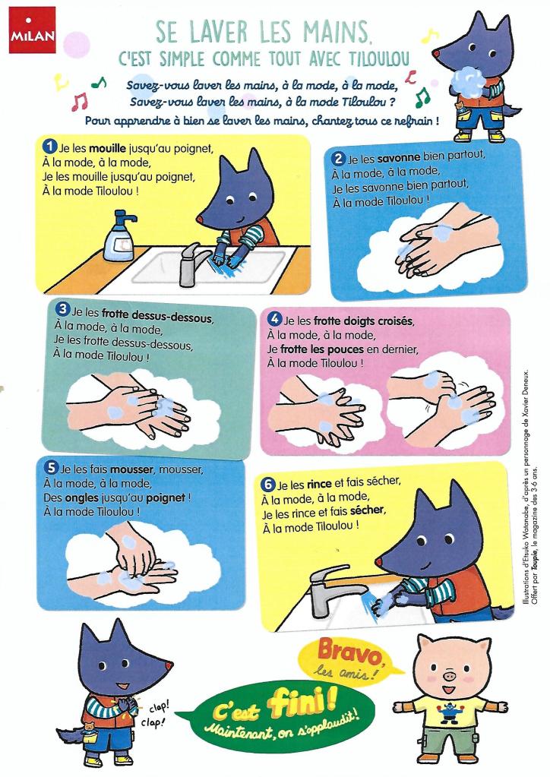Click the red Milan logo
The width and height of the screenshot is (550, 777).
[x=32, y=30]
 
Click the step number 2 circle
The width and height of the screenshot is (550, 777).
[x=338, y=159]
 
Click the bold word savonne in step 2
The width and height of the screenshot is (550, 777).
[x=398, y=158]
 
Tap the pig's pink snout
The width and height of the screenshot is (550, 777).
[x=450, y=675]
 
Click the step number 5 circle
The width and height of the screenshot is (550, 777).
[x=50, y=467]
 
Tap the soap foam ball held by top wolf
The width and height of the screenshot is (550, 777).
[x=468, y=81]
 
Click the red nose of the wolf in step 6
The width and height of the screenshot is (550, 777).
[x=379, y=561]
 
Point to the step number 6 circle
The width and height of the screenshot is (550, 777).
[x=267, y=484]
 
